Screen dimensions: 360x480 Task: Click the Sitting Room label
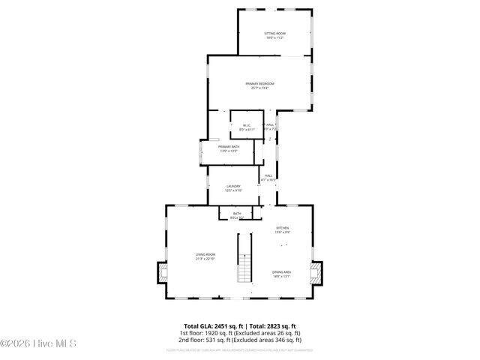coord(274,34)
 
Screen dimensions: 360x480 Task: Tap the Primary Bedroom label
coord(259,83)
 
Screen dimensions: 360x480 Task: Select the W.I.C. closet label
coord(245,125)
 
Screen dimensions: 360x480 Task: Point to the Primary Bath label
coord(229,146)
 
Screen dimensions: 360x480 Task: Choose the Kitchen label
coord(282,228)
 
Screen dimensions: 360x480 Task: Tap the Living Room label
coord(205,254)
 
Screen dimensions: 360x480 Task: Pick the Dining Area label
coord(281,272)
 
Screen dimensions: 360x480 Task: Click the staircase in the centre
coord(244,258)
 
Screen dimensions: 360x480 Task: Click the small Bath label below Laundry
coord(237,214)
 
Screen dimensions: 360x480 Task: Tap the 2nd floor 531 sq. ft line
coord(239,339)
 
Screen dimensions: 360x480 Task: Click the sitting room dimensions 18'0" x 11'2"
coord(274,38)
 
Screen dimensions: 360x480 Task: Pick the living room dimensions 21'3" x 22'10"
coord(205,259)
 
